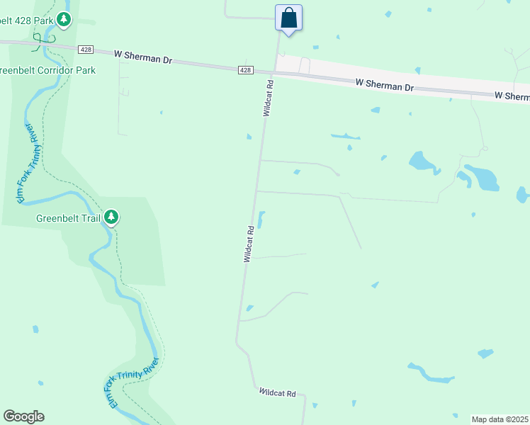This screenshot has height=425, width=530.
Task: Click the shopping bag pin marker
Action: coord(288,18)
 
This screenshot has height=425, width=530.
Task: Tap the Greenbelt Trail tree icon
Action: coord(111,217)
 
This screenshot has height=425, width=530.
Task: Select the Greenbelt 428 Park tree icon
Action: coord(64,20)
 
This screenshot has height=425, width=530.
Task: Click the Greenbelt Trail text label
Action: coord(69,218)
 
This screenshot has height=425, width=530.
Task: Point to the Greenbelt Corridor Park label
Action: coord(47,71)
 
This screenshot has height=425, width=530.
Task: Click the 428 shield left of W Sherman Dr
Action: coord(86,50)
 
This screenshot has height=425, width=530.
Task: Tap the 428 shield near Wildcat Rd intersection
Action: coord(244,69)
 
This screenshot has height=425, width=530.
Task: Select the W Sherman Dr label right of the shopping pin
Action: coord(384,85)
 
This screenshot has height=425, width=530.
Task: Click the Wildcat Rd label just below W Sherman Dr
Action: coord(269,98)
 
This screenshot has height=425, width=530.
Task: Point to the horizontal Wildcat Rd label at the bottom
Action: coord(277,392)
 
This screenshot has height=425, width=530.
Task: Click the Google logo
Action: coord(23,416)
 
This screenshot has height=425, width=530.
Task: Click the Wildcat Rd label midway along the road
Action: coord(249,245)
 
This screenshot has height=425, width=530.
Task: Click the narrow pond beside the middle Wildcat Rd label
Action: coord(261,220)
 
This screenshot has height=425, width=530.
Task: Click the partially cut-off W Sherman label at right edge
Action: coord(512,96)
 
